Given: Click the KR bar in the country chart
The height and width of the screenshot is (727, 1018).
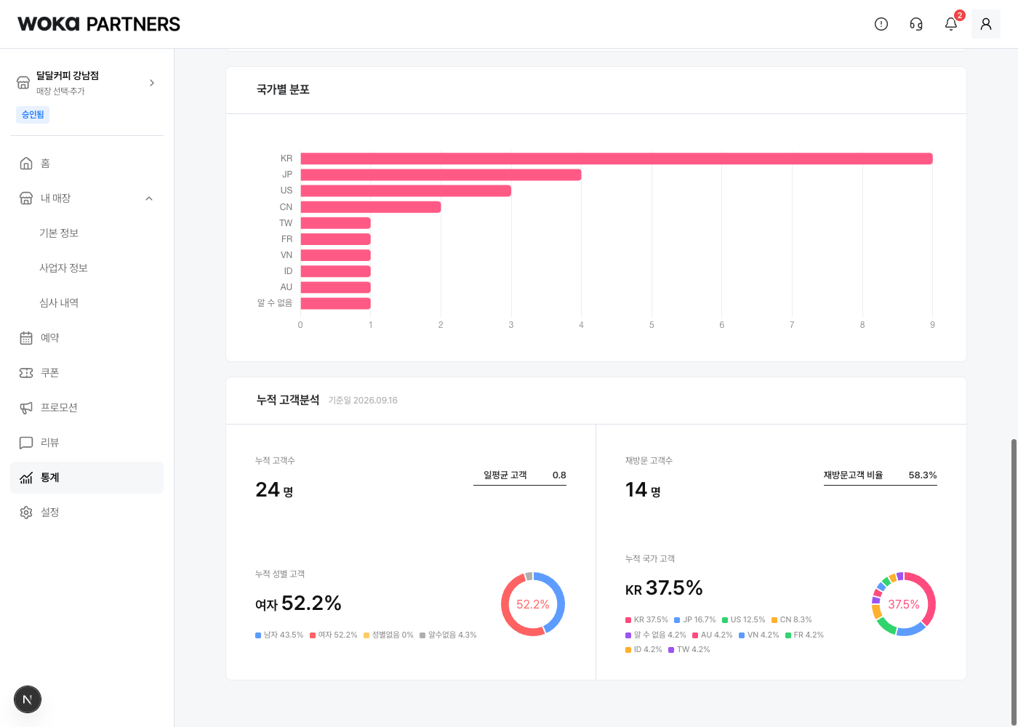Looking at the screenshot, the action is tap(617, 158).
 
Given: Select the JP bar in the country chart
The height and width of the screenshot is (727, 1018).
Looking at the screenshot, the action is tap(441, 174).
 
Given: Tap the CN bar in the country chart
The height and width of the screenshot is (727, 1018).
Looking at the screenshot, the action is tap(370, 206).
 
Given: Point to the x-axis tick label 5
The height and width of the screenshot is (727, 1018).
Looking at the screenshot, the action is tap(652, 325).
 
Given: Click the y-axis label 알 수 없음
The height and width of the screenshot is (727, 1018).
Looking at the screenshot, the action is tap(275, 302).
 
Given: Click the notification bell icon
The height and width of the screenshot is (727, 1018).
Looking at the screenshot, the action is tap(951, 23).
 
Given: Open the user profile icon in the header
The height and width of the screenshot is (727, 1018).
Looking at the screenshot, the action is tap(986, 24).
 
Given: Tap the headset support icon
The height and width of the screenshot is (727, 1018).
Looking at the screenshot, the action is tap(916, 24).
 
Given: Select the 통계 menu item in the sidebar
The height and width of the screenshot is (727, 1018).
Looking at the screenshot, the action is tap(87, 478).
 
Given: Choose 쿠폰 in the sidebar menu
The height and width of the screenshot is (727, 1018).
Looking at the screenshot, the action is tap(49, 372).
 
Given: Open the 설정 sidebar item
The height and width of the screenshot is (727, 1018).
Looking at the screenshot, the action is tap(49, 512).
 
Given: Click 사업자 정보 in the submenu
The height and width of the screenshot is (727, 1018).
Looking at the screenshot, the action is tap(63, 268).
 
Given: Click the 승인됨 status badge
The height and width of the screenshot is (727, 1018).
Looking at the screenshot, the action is tap(33, 115).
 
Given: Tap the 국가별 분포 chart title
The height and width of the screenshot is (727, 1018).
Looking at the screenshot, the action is tap(283, 89).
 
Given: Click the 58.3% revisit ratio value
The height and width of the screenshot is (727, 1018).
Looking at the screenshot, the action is tap(923, 475).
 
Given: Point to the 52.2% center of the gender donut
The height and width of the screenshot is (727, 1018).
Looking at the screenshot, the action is tap(532, 604).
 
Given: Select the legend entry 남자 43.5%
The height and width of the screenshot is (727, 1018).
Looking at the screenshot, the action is tap(279, 635).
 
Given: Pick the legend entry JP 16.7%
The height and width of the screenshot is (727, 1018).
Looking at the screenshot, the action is tap(695, 619).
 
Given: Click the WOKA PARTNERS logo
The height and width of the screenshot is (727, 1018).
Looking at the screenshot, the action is tap(99, 24).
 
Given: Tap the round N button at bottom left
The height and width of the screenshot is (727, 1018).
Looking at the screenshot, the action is tap(28, 699).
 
